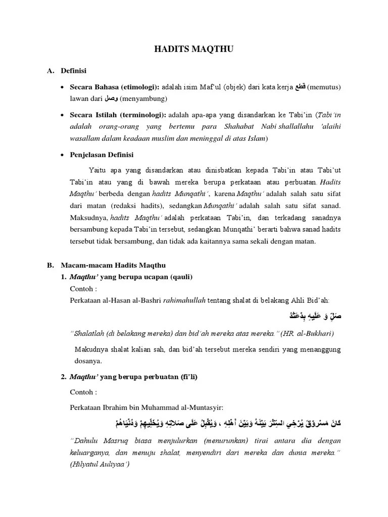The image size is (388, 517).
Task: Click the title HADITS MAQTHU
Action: pyautogui.click(x=193, y=49)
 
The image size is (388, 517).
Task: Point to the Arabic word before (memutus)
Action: pyautogui.click(x=300, y=87)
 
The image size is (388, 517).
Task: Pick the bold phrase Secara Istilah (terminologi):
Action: pyautogui.click(x=118, y=115)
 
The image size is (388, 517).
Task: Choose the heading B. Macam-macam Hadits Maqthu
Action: pyautogui.click(x=110, y=265)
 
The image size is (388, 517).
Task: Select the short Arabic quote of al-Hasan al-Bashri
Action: pyautogui.click(x=311, y=317)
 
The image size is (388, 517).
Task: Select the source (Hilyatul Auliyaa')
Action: pyautogui.click(x=100, y=464)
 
